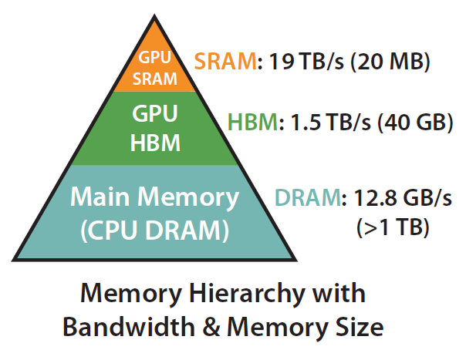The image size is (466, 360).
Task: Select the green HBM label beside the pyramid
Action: [252, 122]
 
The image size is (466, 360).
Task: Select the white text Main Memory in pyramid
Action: [155, 197]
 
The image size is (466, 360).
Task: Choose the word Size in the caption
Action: [360, 326]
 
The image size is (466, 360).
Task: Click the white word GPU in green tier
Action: [155, 115]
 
